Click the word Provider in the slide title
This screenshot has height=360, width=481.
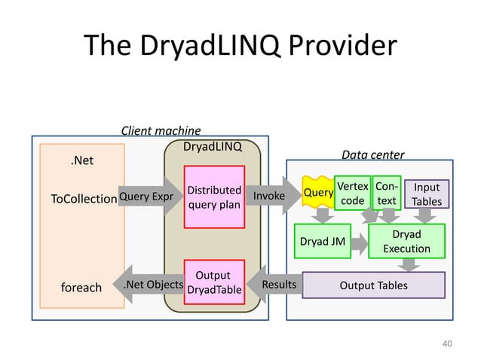(x=343, y=47)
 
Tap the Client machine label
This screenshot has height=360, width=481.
(x=161, y=131)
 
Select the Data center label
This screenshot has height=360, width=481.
(x=373, y=154)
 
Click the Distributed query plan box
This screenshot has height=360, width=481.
(x=214, y=197)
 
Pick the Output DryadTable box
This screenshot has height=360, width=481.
(x=214, y=283)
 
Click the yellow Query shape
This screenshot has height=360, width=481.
(x=317, y=194)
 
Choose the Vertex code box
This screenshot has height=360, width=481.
(x=352, y=193)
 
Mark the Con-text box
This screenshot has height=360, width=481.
(x=387, y=193)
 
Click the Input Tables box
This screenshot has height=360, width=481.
(x=427, y=194)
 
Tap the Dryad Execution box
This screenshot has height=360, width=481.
(x=406, y=241)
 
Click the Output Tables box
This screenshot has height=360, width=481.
(x=373, y=285)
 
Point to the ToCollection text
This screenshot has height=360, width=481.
(x=83, y=197)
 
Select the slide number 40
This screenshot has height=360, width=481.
(x=448, y=343)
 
